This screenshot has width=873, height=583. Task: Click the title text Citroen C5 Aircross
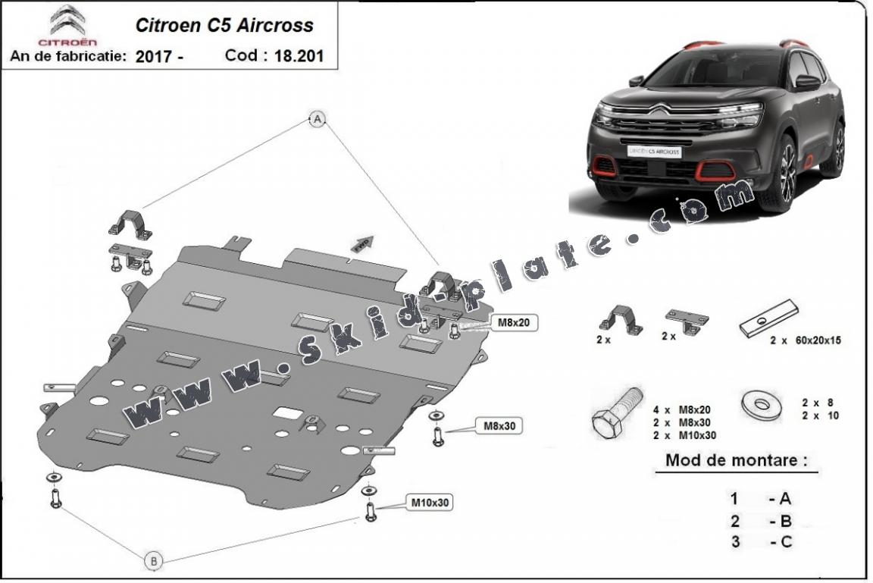click(x=224, y=25)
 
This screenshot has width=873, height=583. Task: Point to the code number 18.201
click(x=298, y=55)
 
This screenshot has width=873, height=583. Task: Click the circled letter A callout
click(x=318, y=118)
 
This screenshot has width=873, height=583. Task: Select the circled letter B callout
click(x=153, y=561)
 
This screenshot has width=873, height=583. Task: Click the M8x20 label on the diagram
click(x=512, y=322)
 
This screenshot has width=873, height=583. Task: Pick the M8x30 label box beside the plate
click(x=500, y=426)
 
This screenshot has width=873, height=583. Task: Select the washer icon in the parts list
click(x=764, y=404)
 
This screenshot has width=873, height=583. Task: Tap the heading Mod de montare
click(x=735, y=460)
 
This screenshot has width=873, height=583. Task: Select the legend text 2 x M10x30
click(x=684, y=435)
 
